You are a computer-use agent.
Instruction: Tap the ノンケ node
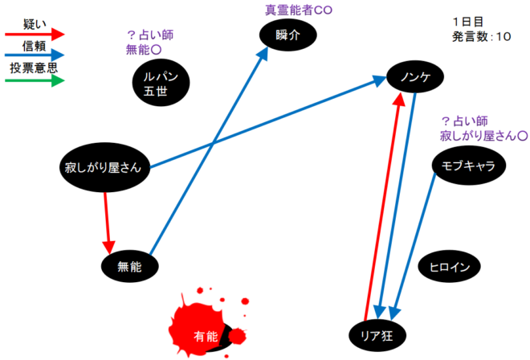pos(415,77)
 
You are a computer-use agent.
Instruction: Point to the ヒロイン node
pos(450,266)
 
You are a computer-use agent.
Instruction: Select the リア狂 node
pos(380,333)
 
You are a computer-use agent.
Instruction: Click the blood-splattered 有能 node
pos(206,334)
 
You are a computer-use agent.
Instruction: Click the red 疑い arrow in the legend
pos(34,35)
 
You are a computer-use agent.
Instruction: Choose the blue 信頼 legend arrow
pos(34,56)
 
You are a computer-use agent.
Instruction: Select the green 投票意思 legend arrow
pos(34,80)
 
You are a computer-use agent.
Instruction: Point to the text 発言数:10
pos(482,36)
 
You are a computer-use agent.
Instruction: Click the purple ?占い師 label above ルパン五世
pos(150,35)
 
